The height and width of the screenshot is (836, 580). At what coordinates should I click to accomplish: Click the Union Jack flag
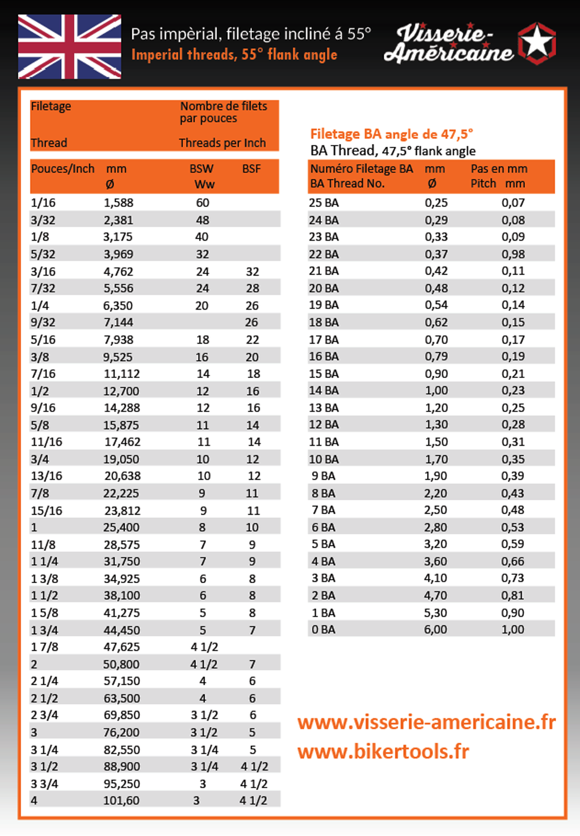point(70,47)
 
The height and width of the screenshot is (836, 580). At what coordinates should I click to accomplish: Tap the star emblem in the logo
point(537,43)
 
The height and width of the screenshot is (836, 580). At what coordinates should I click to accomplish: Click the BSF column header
point(251,169)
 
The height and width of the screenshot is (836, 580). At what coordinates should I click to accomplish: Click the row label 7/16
point(43,374)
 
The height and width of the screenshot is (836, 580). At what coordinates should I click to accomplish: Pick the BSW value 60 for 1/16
point(202,203)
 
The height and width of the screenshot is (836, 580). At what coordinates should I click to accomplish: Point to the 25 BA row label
point(324,203)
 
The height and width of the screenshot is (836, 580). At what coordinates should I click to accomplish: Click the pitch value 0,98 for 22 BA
point(513,254)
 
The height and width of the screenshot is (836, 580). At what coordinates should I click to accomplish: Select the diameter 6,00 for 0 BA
point(435,629)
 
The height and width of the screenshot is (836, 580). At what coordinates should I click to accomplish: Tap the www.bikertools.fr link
point(383,752)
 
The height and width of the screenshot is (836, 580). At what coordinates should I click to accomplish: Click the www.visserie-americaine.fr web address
point(427,722)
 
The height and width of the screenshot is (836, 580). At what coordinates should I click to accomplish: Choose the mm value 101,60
point(121,800)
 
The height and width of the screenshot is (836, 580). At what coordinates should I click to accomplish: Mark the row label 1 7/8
point(44,647)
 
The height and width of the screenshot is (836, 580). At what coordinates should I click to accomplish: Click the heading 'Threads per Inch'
point(222,143)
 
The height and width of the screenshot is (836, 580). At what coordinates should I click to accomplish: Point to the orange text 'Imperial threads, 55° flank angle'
point(234,54)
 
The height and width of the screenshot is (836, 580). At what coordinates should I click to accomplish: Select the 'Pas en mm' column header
point(499,169)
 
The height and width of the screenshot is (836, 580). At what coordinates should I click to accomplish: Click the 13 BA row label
point(324,407)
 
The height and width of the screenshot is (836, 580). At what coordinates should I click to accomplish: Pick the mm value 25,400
point(121,527)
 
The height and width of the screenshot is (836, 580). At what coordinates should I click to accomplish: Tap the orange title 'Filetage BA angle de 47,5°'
point(391,134)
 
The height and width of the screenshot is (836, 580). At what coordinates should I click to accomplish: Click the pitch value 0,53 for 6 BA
point(513,527)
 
